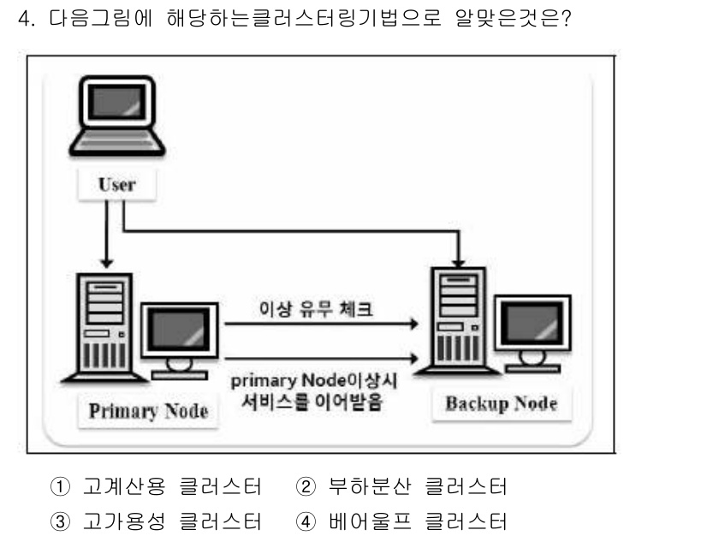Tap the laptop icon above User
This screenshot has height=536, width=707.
(110, 120)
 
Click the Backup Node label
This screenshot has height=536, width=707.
(502, 403)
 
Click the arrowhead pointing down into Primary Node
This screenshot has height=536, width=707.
(105, 261)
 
